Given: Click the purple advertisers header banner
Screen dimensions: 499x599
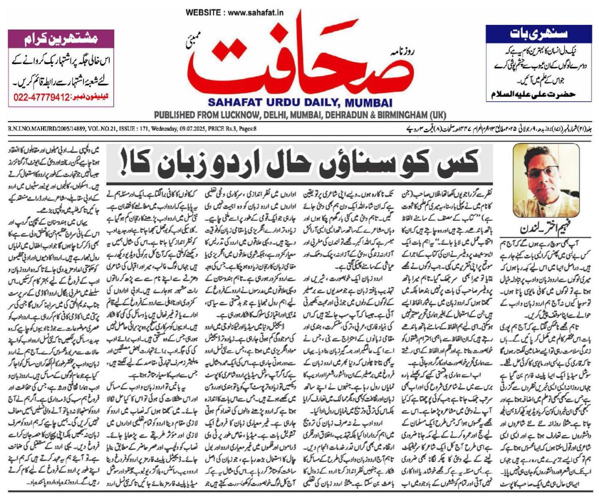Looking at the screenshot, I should (x=61, y=37).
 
